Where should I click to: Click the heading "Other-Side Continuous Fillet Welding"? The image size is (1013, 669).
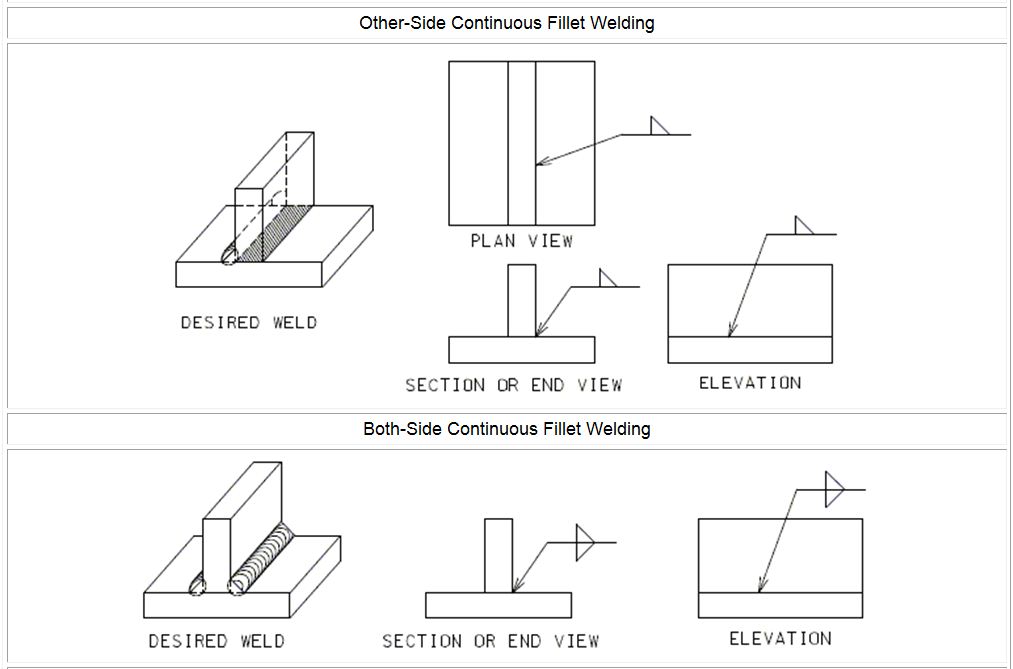point(506,23)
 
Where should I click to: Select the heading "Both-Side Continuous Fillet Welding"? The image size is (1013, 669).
point(506,429)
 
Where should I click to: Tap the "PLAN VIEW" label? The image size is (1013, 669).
point(521,241)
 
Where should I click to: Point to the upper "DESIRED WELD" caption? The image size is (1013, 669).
point(249,322)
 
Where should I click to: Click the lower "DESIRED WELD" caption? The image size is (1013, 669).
point(216,641)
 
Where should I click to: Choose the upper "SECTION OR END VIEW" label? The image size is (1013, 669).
point(514,385)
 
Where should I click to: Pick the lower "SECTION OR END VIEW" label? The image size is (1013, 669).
point(490,641)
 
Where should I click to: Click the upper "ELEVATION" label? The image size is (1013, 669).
point(750,383)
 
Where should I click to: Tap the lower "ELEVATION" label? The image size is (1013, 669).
point(780,639)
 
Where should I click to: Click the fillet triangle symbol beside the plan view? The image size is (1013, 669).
point(659,126)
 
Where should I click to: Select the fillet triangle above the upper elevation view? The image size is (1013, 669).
point(803,225)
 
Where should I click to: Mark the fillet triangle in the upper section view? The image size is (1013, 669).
point(608,278)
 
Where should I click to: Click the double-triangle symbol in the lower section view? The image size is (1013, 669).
point(585,542)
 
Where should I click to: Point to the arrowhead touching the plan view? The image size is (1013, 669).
point(544,161)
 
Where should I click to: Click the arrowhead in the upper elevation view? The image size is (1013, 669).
point(731,329)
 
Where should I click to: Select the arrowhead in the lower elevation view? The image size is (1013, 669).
point(761,584)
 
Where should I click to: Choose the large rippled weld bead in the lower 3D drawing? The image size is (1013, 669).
point(260,559)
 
